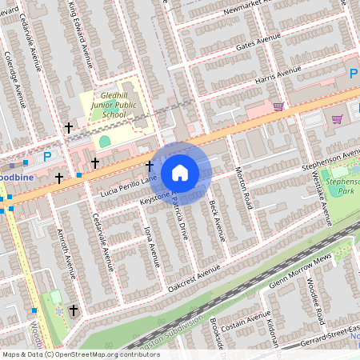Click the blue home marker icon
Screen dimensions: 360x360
(180, 173)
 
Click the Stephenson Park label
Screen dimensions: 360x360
(342, 186)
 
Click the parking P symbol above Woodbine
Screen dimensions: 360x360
(46, 157)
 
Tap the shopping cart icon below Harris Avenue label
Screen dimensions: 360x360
(278, 106)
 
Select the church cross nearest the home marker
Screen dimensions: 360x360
(149, 166)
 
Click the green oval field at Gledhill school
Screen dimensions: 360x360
(104, 142)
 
